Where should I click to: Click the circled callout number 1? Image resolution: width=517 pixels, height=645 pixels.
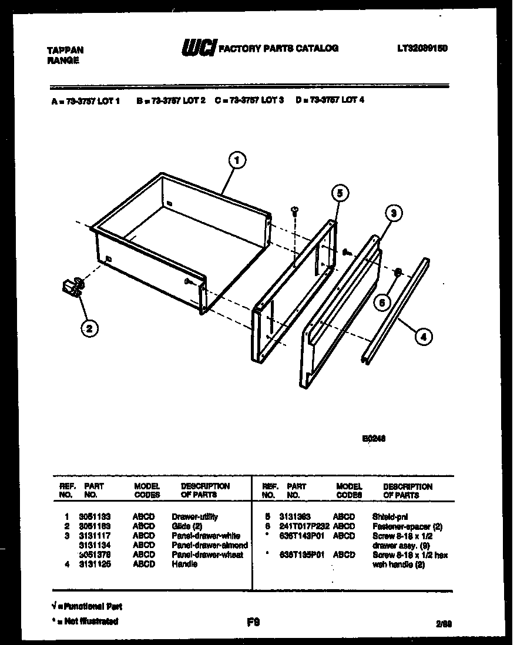click(x=237, y=160)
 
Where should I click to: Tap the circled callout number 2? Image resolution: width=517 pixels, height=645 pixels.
click(x=89, y=328)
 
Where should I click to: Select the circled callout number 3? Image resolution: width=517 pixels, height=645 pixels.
click(x=393, y=214)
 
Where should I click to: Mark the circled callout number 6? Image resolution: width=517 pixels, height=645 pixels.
click(x=382, y=303)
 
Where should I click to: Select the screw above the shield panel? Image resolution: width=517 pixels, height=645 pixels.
click(x=295, y=210)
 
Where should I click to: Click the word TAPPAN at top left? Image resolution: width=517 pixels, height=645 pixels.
click(x=65, y=51)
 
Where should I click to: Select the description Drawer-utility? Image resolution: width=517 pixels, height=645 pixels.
click(x=195, y=517)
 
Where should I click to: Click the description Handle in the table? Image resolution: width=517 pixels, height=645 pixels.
click(x=184, y=564)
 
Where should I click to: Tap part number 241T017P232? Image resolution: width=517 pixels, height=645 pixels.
click(x=308, y=526)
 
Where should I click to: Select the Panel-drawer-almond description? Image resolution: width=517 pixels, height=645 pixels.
click(x=210, y=545)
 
